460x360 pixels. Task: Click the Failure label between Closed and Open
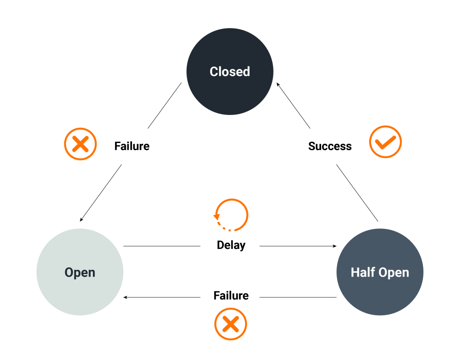132,146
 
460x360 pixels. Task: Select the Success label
330,146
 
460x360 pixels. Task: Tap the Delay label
231,245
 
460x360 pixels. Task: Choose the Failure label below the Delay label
231,295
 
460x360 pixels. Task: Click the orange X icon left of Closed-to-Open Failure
80,144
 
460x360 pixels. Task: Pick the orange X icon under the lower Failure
230,324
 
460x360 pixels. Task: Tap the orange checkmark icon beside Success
385,142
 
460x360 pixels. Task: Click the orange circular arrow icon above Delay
231,215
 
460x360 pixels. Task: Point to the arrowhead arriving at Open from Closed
81,220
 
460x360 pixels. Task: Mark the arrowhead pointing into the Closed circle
278,84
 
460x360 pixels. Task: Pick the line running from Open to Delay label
162,246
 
